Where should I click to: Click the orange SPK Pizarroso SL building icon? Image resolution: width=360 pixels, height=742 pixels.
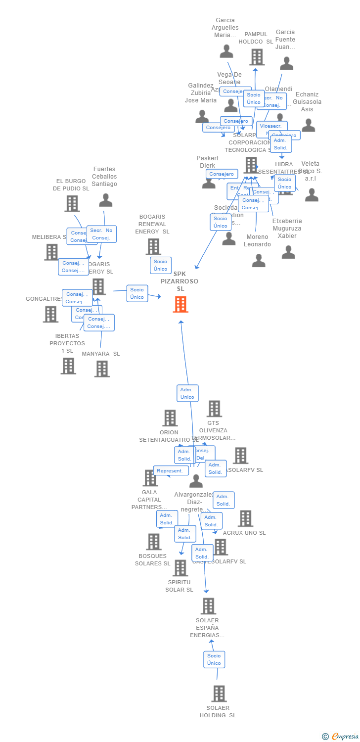[x=180, y=304]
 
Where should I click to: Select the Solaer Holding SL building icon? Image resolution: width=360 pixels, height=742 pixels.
[x=219, y=694]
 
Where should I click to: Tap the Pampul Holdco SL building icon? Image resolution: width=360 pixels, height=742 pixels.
[x=257, y=57]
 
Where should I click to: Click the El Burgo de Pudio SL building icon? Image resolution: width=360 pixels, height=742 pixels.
[x=72, y=203]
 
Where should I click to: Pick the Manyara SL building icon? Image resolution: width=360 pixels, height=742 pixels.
[x=102, y=369]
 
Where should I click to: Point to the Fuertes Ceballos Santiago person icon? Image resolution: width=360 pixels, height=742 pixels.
[x=105, y=200]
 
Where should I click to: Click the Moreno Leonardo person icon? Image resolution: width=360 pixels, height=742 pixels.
[x=259, y=260]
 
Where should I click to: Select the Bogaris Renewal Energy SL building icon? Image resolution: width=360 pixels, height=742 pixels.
[x=153, y=246]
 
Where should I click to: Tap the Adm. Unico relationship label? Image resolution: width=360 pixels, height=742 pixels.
[x=187, y=393]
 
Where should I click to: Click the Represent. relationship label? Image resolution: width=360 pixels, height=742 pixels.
[x=171, y=471]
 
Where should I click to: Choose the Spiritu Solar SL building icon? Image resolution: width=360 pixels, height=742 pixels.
[x=180, y=568]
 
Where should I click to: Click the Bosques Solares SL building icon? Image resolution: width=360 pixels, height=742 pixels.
[x=154, y=542]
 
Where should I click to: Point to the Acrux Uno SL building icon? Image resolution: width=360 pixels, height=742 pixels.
[x=245, y=518]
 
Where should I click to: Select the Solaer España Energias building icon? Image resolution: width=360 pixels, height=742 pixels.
[x=208, y=606]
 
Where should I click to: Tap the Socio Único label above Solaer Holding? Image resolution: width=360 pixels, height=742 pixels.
[x=214, y=659]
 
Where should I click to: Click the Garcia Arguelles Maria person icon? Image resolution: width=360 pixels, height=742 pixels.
[x=226, y=51]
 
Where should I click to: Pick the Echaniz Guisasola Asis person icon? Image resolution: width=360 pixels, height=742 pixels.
[x=308, y=125]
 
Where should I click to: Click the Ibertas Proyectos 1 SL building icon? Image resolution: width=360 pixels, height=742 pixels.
[x=68, y=366]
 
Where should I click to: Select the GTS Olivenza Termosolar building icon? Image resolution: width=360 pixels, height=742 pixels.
[x=214, y=409]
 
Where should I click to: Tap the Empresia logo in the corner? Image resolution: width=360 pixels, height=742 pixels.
[x=341, y=737]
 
